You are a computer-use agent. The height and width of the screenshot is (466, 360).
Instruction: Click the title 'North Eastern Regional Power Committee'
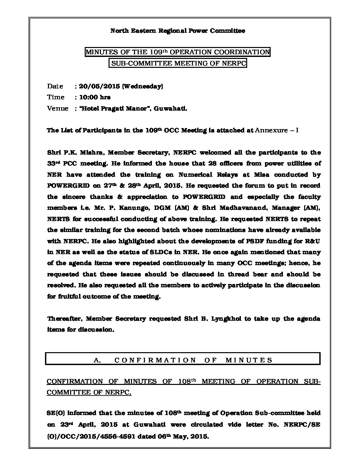[177, 31]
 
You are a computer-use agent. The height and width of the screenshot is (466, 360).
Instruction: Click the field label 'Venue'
[58, 109]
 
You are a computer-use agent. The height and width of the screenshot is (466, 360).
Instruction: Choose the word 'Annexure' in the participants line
[271, 130]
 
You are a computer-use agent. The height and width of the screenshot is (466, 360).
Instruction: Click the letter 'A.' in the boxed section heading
[97, 360]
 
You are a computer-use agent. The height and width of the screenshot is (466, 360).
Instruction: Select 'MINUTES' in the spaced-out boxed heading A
[249, 360]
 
